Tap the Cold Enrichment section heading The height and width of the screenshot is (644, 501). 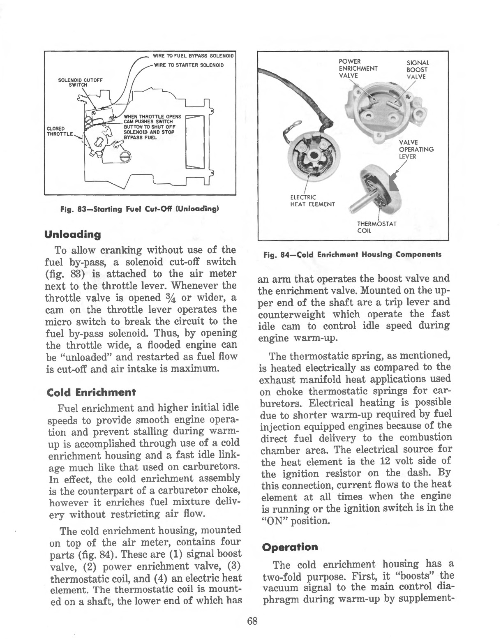[91, 392]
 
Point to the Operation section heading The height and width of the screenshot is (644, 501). [290, 547]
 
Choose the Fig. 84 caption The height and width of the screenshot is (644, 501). [352, 254]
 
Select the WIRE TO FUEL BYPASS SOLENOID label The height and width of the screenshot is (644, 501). [193, 55]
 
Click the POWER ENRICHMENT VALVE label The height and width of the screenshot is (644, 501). [358, 69]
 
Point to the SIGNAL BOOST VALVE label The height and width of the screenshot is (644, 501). [417, 69]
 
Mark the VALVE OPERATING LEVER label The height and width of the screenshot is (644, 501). [416, 149]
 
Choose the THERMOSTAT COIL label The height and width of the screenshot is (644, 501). [376, 227]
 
